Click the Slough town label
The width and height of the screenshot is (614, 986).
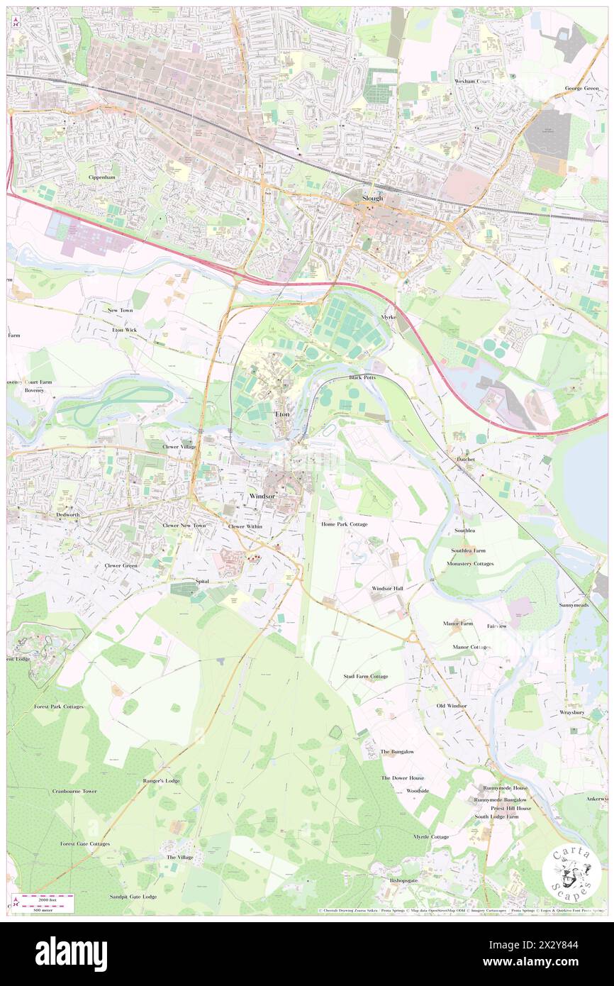372,198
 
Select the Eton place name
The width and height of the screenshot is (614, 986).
282,414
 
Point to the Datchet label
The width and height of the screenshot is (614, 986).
465,459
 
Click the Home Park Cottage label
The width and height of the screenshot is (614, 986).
344,524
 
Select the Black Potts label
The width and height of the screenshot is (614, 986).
362,377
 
